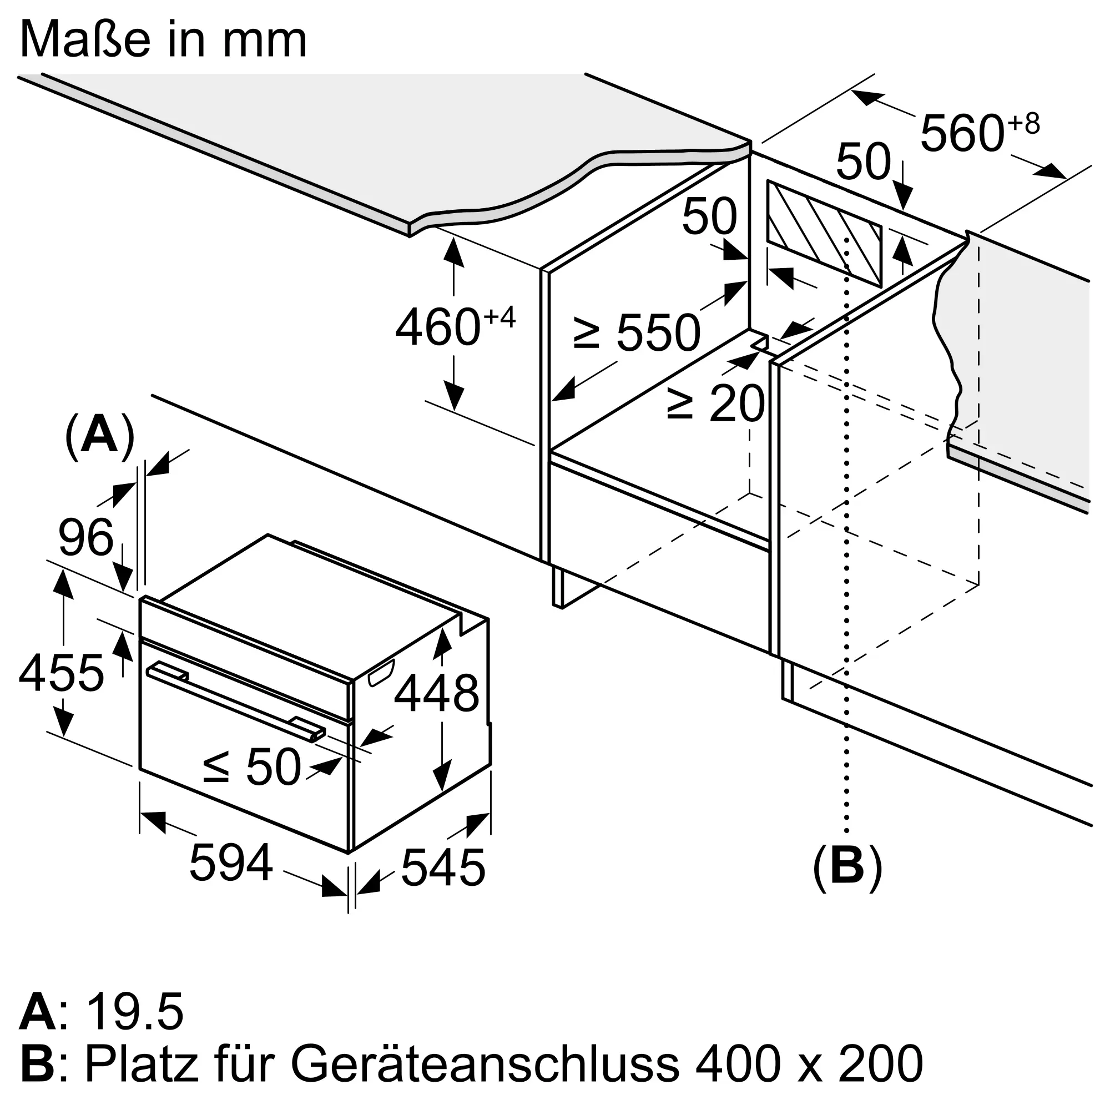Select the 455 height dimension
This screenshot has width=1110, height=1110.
pos(62,673)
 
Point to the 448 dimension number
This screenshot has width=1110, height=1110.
pos(437,693)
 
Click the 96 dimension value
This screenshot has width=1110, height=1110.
pos(86,538)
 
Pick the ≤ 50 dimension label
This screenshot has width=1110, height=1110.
pos(252,766)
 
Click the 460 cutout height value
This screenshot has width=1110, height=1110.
pos(438,327)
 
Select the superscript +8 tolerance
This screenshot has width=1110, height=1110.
pos(1024,124)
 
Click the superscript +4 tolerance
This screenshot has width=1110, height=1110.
pos(500,316)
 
